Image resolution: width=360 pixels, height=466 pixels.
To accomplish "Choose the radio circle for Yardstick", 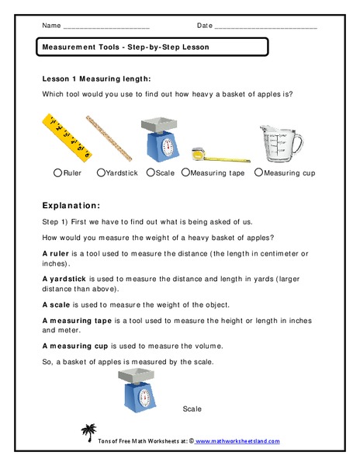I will click(x=101, y=173).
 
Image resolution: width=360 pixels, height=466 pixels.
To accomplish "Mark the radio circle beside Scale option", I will click(x=151, y=173).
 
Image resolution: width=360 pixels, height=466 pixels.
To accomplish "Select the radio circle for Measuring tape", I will click(x=185, y=173).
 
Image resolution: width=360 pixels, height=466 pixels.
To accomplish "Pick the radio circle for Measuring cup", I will click(x=258, y=173).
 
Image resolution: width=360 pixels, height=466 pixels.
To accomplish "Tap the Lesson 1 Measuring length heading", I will click(x=96, y=79).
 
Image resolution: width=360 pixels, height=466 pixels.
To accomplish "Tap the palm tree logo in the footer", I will click(x=87, y=433).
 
